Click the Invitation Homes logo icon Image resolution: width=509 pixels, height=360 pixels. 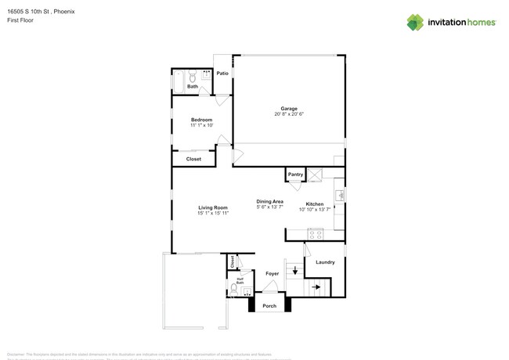click(x=415, y=22)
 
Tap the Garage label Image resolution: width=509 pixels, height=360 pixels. click(x=289, y=108)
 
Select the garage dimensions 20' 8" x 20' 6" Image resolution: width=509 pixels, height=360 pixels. click(x=289, y=114)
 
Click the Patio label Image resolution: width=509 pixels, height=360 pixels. click(x=222, y=74)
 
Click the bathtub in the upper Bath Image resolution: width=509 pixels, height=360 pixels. click(x=179, y=79)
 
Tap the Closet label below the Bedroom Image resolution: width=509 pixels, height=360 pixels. click(x=193, y=159)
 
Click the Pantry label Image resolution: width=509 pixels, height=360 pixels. click(x=295, y=175)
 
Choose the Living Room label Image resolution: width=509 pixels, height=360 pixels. click(x=213, y=207)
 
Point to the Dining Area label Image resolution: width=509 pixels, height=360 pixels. click(x=269, y=202)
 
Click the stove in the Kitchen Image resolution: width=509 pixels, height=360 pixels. click(x=316, y=233)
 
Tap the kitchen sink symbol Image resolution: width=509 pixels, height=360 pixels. click(x=339, y=194)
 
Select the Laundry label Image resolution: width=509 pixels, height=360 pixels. click(x=325, y=262)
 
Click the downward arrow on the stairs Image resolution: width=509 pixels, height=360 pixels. click(x=294, y=272)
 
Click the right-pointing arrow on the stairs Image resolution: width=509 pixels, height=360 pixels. click(x=316, y=287)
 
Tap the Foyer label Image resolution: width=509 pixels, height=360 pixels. click(x=272, y=274)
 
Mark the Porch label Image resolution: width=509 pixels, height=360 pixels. click(x=269, y=305)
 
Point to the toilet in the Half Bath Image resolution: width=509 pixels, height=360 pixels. click(x=233, y=288)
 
